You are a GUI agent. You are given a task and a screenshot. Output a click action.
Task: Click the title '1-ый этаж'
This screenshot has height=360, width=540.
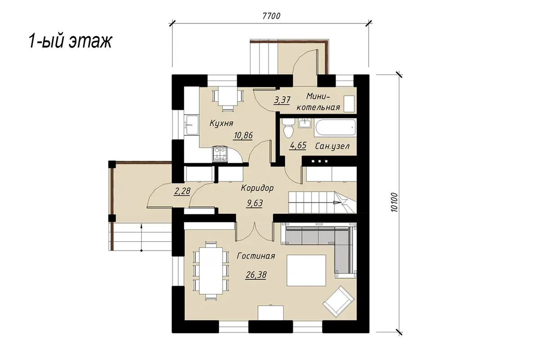70,41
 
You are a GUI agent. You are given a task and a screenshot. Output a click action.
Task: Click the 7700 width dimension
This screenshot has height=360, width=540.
271,16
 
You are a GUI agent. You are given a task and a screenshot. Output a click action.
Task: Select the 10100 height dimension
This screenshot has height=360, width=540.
394,202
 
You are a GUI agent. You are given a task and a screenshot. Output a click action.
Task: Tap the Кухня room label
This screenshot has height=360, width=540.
221,123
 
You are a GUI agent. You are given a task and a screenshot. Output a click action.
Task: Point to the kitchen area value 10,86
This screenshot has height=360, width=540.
243,135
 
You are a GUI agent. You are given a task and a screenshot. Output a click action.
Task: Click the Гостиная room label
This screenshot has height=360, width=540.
256,256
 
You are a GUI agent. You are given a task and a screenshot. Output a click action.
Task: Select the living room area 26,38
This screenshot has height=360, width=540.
256,274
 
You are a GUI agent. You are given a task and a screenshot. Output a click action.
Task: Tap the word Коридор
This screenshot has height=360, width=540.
257,188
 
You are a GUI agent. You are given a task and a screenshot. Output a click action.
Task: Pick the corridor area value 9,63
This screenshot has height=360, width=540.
255,203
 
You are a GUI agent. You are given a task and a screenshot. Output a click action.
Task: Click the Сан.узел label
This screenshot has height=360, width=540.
332,146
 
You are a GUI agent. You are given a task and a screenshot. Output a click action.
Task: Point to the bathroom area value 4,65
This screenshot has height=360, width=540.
298,145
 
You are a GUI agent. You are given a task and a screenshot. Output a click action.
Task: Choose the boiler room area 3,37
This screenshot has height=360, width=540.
282,99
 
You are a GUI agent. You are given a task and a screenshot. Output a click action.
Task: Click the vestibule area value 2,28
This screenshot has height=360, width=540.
182,191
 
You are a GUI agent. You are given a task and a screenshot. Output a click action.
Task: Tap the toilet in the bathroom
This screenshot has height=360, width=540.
288,128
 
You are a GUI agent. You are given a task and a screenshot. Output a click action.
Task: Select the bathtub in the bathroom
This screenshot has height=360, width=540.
335,127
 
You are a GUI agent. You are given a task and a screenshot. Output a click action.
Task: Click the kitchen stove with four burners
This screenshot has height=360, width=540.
220,154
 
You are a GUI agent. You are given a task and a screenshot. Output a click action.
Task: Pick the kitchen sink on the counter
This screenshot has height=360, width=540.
191,125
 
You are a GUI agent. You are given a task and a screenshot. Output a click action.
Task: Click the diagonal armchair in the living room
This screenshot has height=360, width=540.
338,301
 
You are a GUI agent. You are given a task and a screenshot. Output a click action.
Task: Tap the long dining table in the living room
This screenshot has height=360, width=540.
211,270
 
